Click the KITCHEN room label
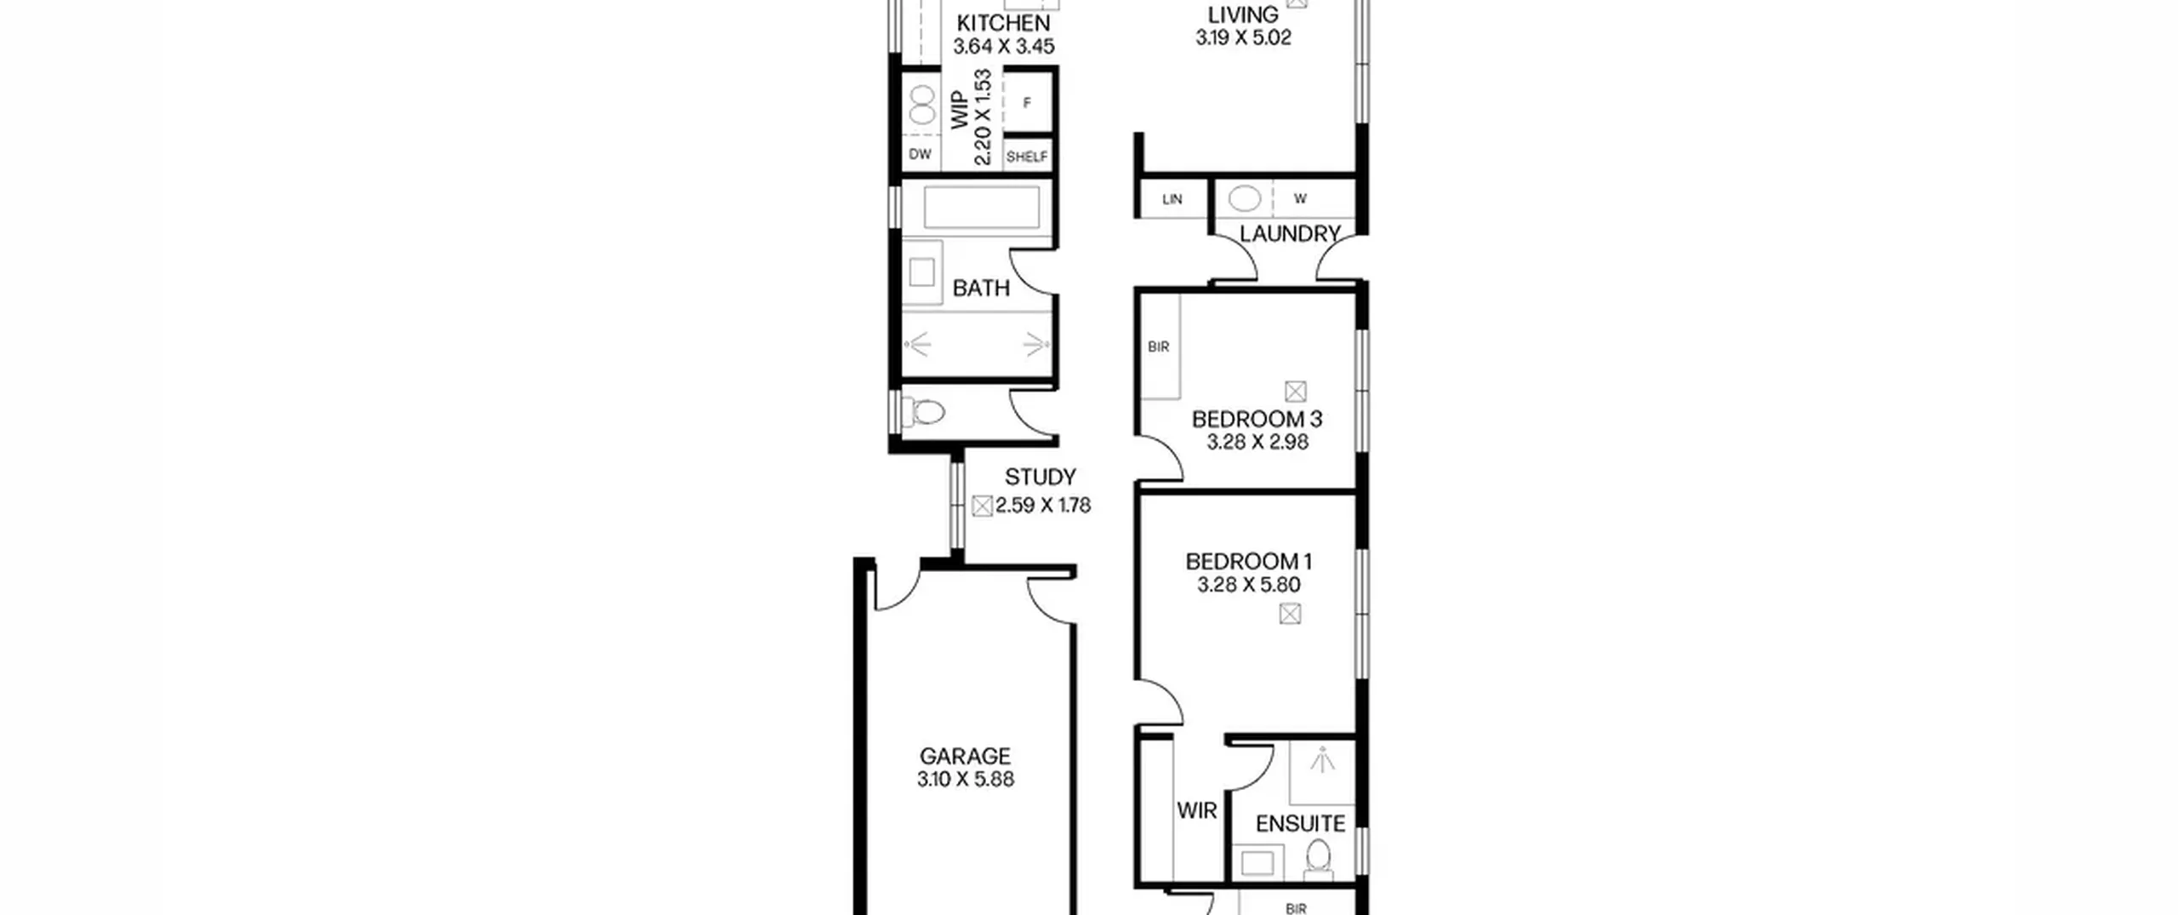click(x=1003, y=23)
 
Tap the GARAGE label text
click(x=965, y=756)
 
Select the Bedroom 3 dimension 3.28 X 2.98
click(x=1257, y=442)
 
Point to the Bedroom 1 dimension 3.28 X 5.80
click(x=1248, y=585)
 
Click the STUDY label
click(x=1040, y=477)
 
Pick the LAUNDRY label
click(x=1290, y=233)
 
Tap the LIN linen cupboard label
click(x=1172, y=199)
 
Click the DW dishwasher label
click(x=921, y=154)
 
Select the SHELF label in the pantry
click(x=1027, y=157)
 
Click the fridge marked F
click(x=1027, y=103)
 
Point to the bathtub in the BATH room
click(x=981, y=207)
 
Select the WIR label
click(x=1197, y=810)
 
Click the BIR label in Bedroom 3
click(x=1159, y=347)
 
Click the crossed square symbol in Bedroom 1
click(x=1291, y=614)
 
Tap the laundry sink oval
click(x=1245, y=199)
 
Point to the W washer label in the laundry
click(x=1300, y=199)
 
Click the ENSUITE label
click(x=1301, y=824)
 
